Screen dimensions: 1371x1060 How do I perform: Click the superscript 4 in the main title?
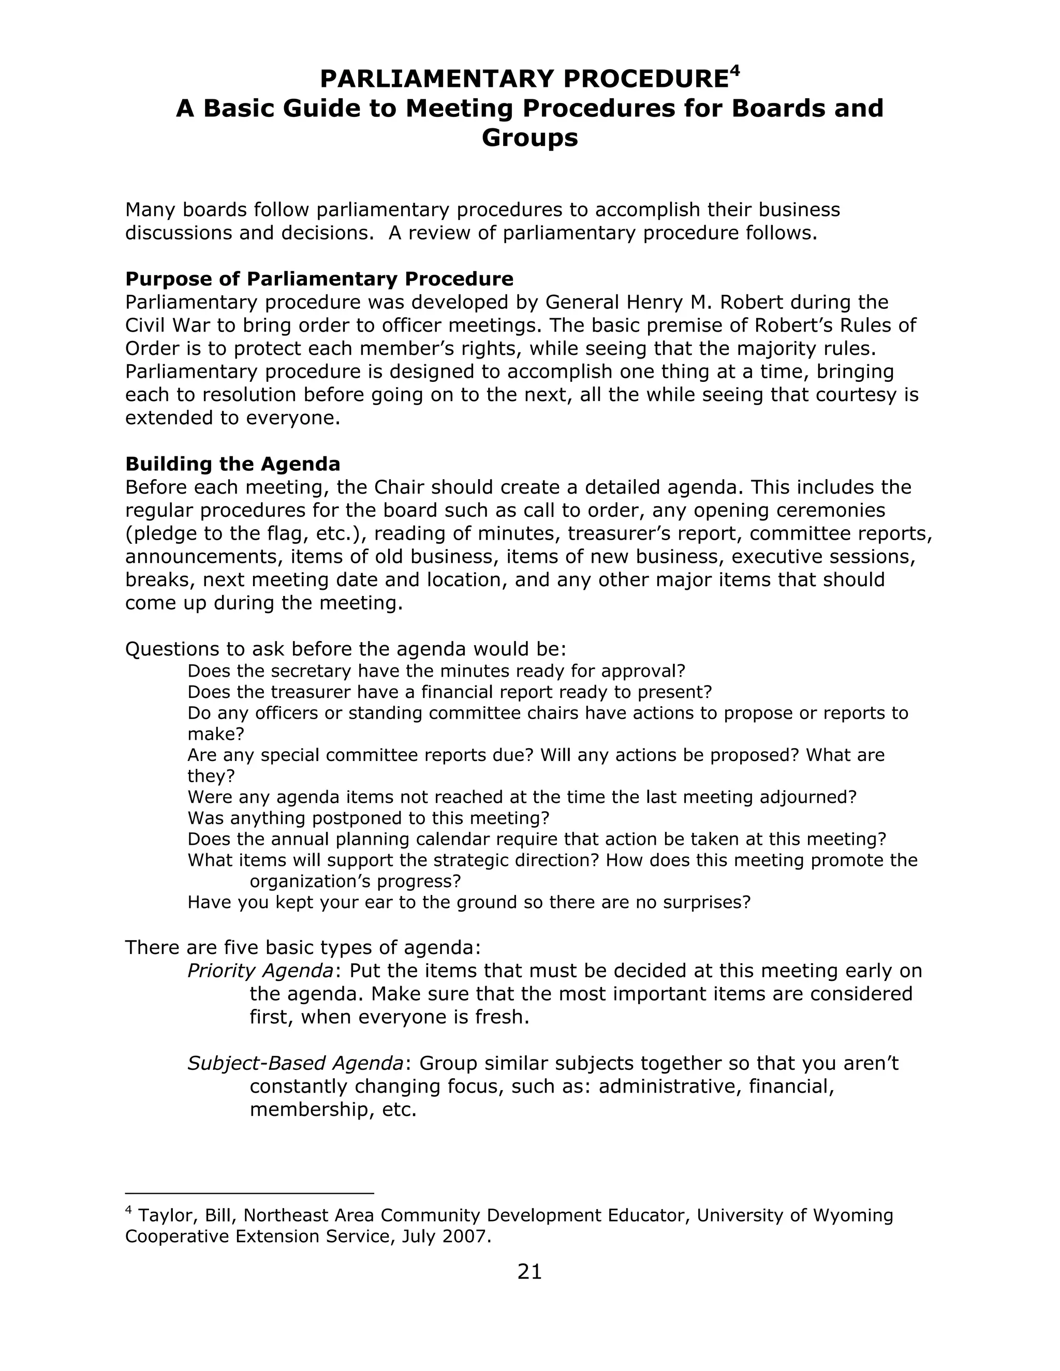(x=735, y=70)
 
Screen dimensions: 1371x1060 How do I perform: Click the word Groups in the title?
(x=529, y=138)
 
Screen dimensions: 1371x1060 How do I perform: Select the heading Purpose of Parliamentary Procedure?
(x=319, y=279)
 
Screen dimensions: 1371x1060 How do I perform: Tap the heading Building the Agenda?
(x=232, y=464)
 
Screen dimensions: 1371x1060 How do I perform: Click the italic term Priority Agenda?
(x=260, y=971)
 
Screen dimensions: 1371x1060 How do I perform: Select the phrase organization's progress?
(x=355, y=882)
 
